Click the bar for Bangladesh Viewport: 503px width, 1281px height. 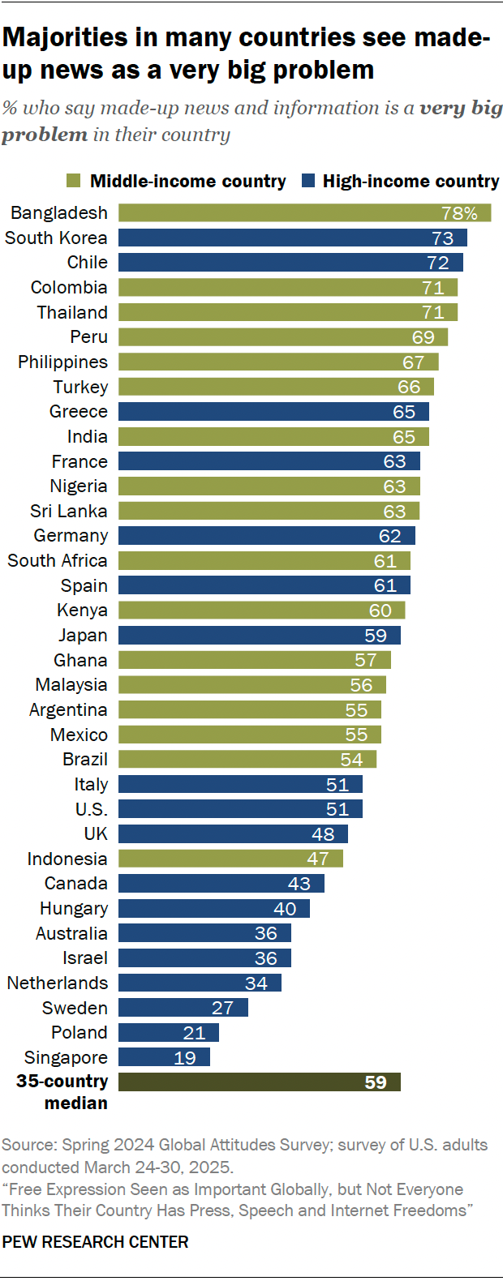304,213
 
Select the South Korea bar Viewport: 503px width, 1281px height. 292,238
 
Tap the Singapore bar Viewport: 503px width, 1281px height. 164,1057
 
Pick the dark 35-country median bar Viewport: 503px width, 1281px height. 260,1082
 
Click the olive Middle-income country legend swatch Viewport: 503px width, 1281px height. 73,181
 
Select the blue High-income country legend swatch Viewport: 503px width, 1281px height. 307,181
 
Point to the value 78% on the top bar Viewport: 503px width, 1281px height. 459,213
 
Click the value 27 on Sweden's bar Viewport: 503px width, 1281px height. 222,1008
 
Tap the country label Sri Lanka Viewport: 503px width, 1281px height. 68,511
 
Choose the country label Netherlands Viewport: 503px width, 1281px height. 57,983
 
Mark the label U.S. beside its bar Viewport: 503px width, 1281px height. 91,809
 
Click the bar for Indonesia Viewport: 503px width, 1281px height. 230,859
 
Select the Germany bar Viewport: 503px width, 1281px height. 266,536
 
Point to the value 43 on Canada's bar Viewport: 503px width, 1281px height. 299,884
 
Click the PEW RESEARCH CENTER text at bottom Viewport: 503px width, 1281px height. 95,1242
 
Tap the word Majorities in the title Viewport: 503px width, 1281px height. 65,37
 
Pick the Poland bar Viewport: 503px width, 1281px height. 169,1033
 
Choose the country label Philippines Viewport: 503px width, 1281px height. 62,362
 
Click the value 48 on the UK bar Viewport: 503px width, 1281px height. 323,834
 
